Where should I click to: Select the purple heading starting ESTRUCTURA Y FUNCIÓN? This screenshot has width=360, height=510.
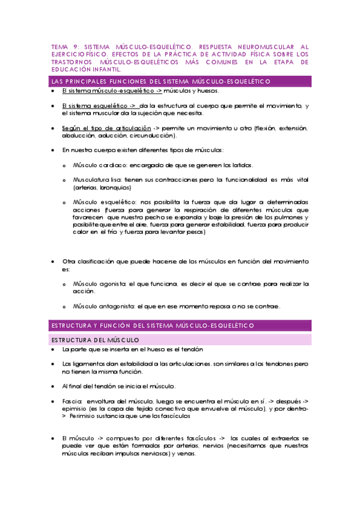pos(153,325)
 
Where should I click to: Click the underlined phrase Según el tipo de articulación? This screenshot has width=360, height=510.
pos(106,128)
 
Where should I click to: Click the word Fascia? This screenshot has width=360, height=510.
pos(71,401)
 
